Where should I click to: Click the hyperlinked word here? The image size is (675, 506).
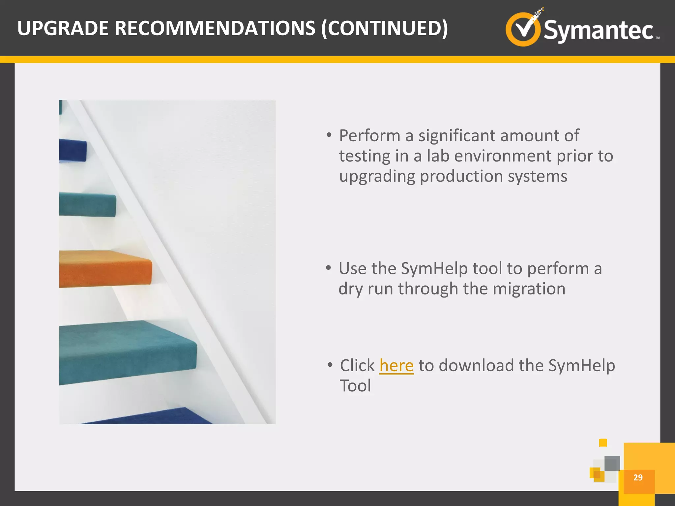[x=396, y=366]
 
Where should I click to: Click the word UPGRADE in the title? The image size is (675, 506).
[x=63, y=28]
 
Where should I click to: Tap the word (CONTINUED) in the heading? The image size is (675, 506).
[x=384, y=28]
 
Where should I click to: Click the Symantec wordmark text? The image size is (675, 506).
[x=598, y=30]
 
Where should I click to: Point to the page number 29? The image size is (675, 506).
[x=638, y=477]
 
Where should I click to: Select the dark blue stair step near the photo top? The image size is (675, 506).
[x=73, y=151]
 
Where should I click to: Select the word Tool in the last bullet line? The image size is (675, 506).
[x=355, y=386]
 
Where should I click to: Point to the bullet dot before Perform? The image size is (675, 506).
[x=329, y=135]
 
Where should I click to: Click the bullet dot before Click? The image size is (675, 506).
[x=330, y=365]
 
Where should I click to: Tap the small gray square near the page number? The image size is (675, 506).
[x=612, y=463]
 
